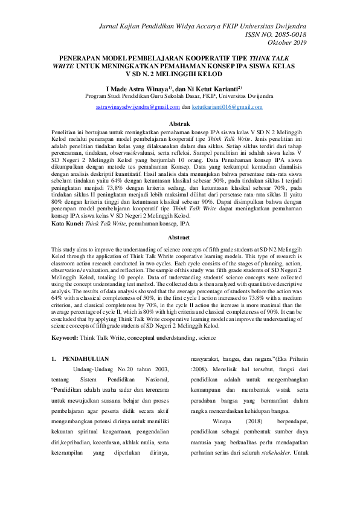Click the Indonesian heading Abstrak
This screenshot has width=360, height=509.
(x=179, y=123)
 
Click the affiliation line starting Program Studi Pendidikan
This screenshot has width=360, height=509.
(x=179, y=96)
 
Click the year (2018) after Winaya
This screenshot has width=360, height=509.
(x=251, y=428)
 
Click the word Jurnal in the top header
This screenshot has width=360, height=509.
(x=113, y=27)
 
